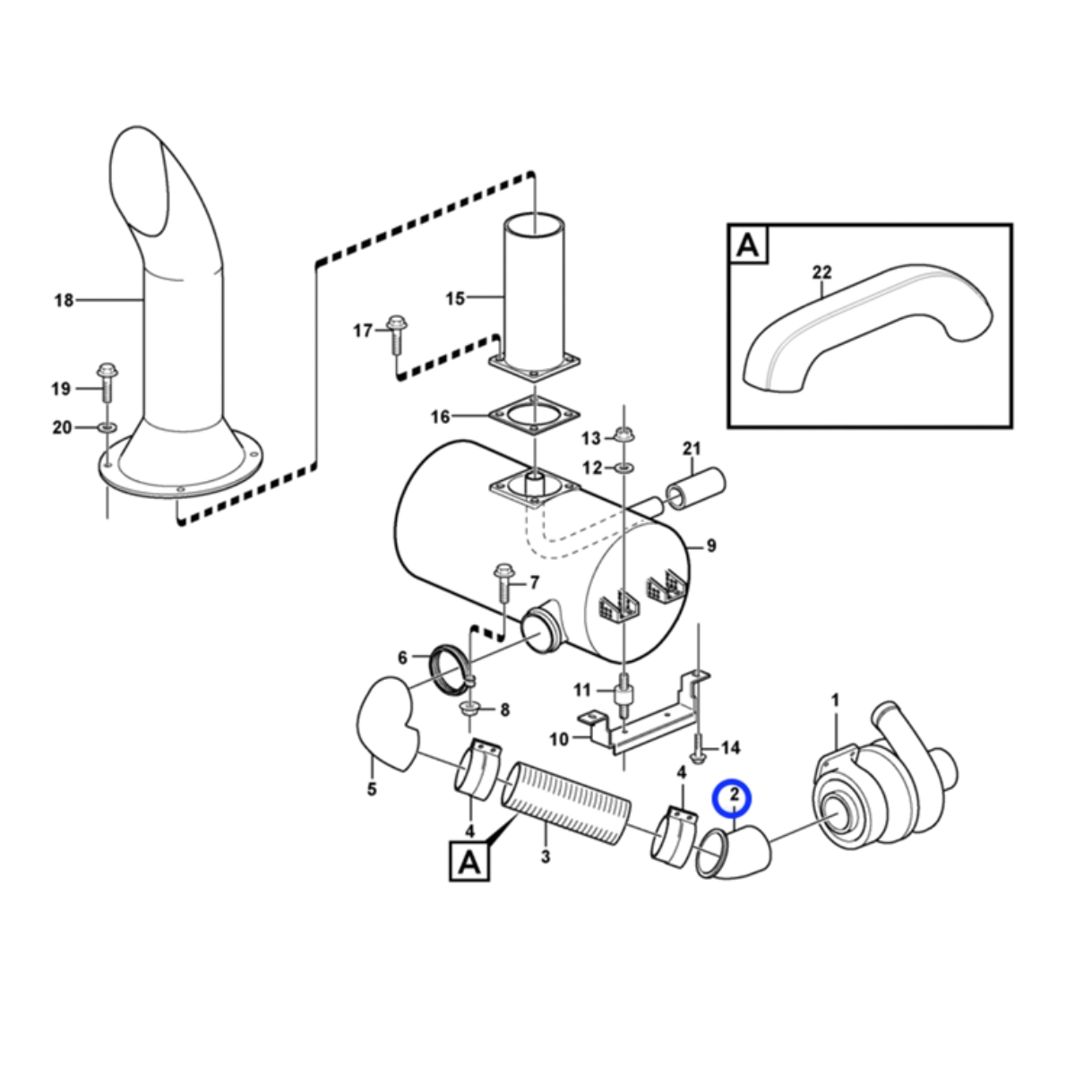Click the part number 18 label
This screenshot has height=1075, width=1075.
coord(64,301)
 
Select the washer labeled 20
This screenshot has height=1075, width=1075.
coord(107,428)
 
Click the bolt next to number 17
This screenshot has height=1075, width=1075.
coord(396,335)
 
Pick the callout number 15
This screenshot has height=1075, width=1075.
coord(455,298)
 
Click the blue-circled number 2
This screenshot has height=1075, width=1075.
coord(735,795)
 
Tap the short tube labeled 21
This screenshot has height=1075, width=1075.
coord(695,490)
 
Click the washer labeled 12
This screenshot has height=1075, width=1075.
coord(623,466)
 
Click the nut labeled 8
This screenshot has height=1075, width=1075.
coord(470,709)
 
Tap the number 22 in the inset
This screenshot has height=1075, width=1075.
coord(821,272)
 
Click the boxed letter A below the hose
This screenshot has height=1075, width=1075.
coord(469,861)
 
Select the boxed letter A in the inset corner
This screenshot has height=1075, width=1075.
coord(748,245)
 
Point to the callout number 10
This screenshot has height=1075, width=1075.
coord(559,739)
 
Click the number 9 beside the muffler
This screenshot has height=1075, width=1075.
coord(711,546)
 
